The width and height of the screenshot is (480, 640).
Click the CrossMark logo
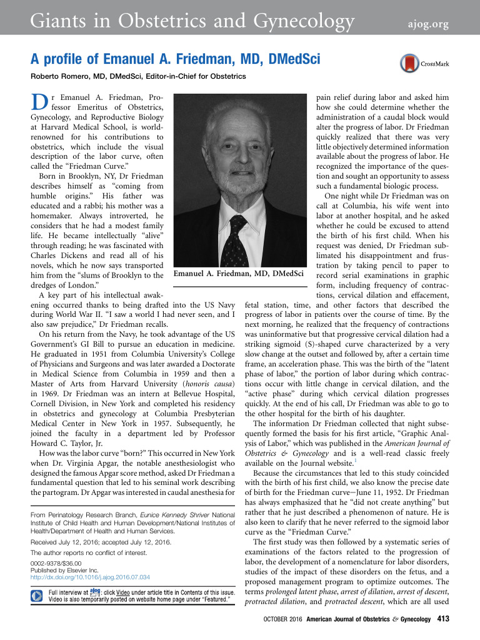tap(419, 64)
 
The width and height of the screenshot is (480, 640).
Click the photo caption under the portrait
tap(239, 273)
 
